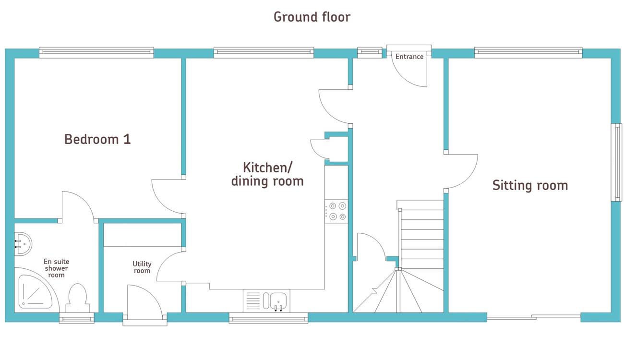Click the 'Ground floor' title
(312, 17)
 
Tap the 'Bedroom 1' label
(97, 139)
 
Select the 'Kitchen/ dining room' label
(267, 174)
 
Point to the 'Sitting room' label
(530, 185)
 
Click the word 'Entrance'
(409, 57)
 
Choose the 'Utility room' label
(142, 267)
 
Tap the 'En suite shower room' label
(56, 268)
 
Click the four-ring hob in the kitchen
(336, 211)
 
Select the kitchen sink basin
(278, 301)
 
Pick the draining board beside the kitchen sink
(253, 301)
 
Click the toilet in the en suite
(77, 298)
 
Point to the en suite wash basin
(23, 244)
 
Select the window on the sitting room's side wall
(616, 162)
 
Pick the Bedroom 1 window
(96, 52)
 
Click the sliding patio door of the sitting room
(534, 317)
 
